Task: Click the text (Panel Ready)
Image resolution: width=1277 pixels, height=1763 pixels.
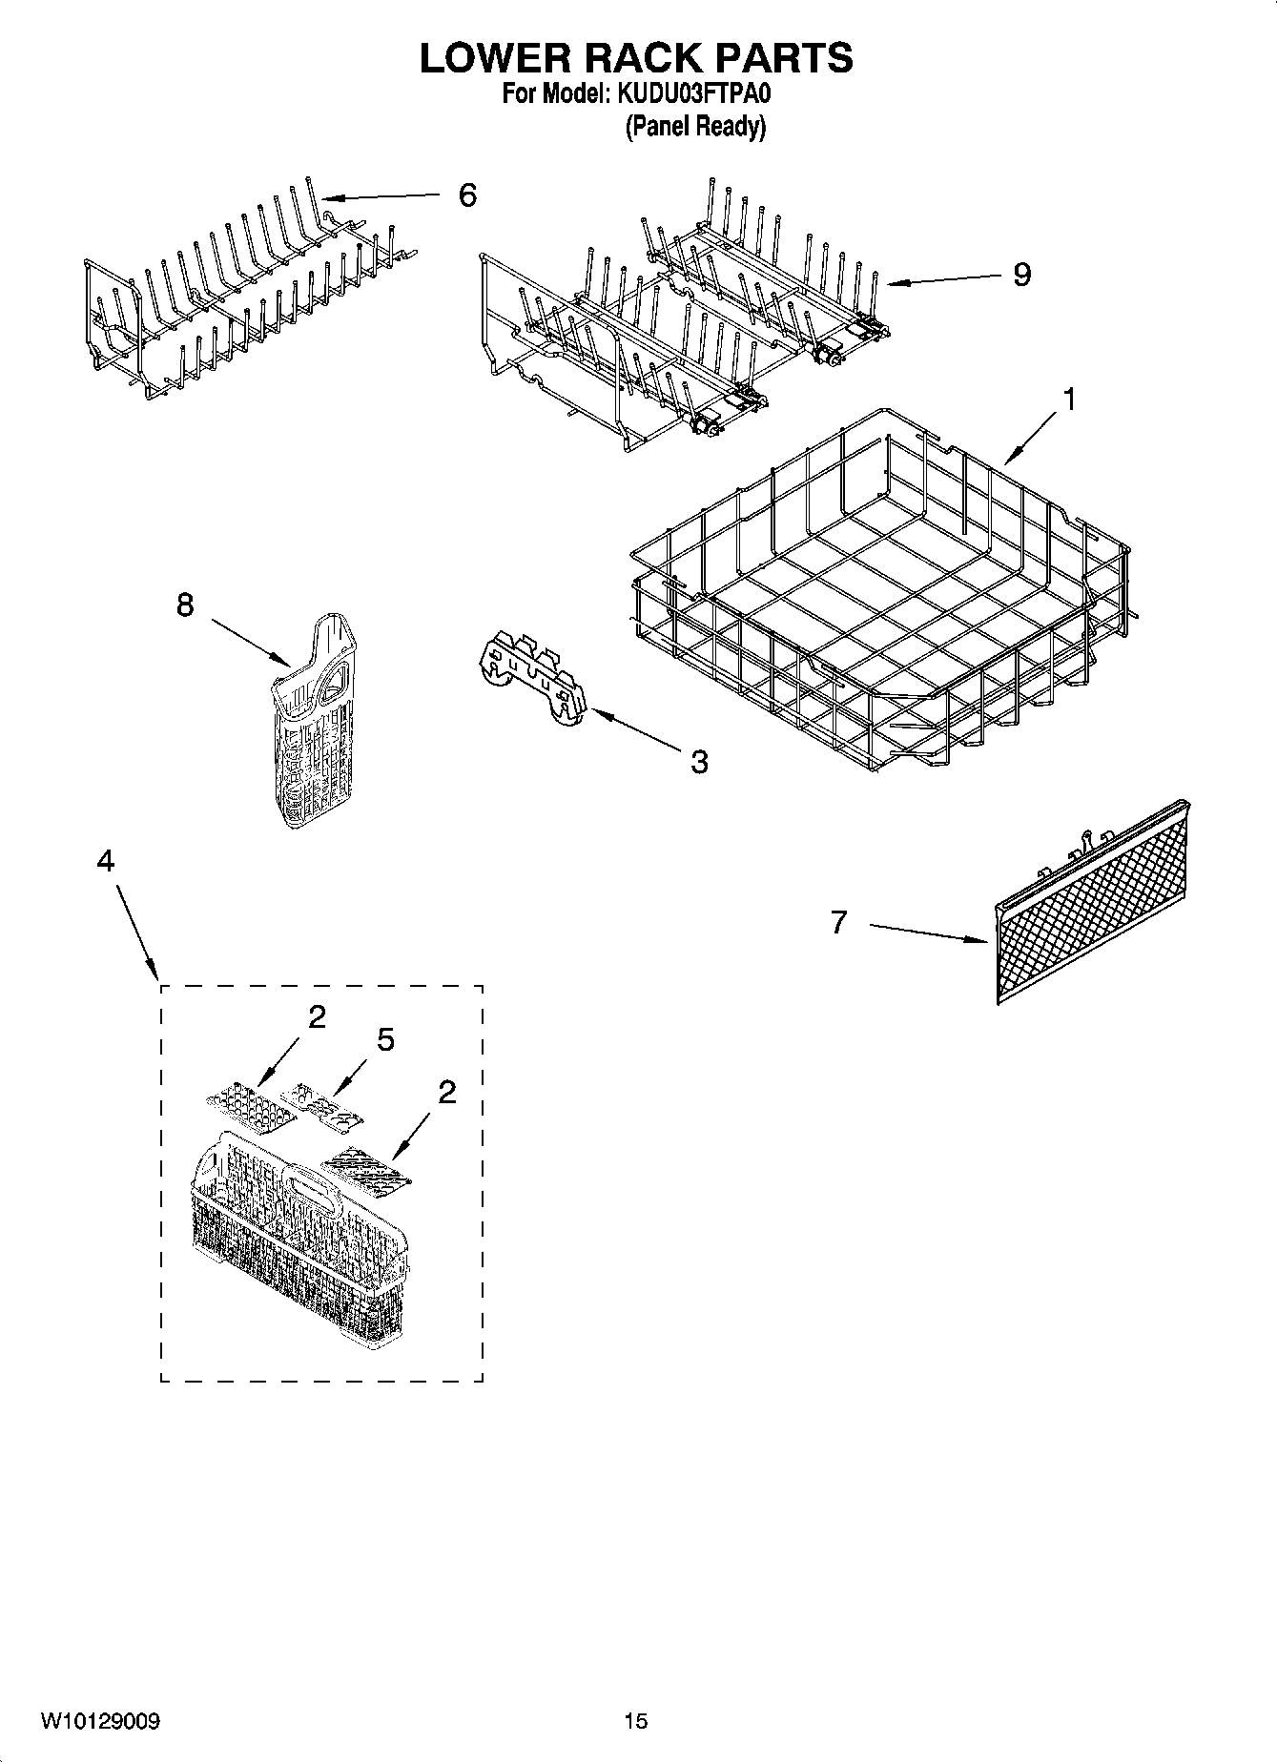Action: coord(695,126)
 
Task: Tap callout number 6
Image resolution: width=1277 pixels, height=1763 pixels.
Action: coord(466,195)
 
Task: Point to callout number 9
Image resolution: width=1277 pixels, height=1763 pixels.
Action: coord(1021,276)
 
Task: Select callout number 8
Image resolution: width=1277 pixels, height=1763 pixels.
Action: coord(185,605)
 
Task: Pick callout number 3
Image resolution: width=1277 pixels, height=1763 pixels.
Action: coord(699,761)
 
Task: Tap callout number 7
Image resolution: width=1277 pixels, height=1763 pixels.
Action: coord(838,922)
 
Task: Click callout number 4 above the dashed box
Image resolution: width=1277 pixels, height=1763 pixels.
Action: coord(105,861)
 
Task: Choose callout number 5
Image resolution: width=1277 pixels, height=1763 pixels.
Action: coord(385,1040)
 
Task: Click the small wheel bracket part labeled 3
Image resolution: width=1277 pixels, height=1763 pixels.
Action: coord(531,679)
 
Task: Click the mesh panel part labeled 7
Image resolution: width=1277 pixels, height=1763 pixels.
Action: coord(1092,906)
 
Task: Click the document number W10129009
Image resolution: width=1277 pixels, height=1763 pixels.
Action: coord(100,1721)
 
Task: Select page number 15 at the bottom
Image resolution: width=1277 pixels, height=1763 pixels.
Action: coord(635,1721)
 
